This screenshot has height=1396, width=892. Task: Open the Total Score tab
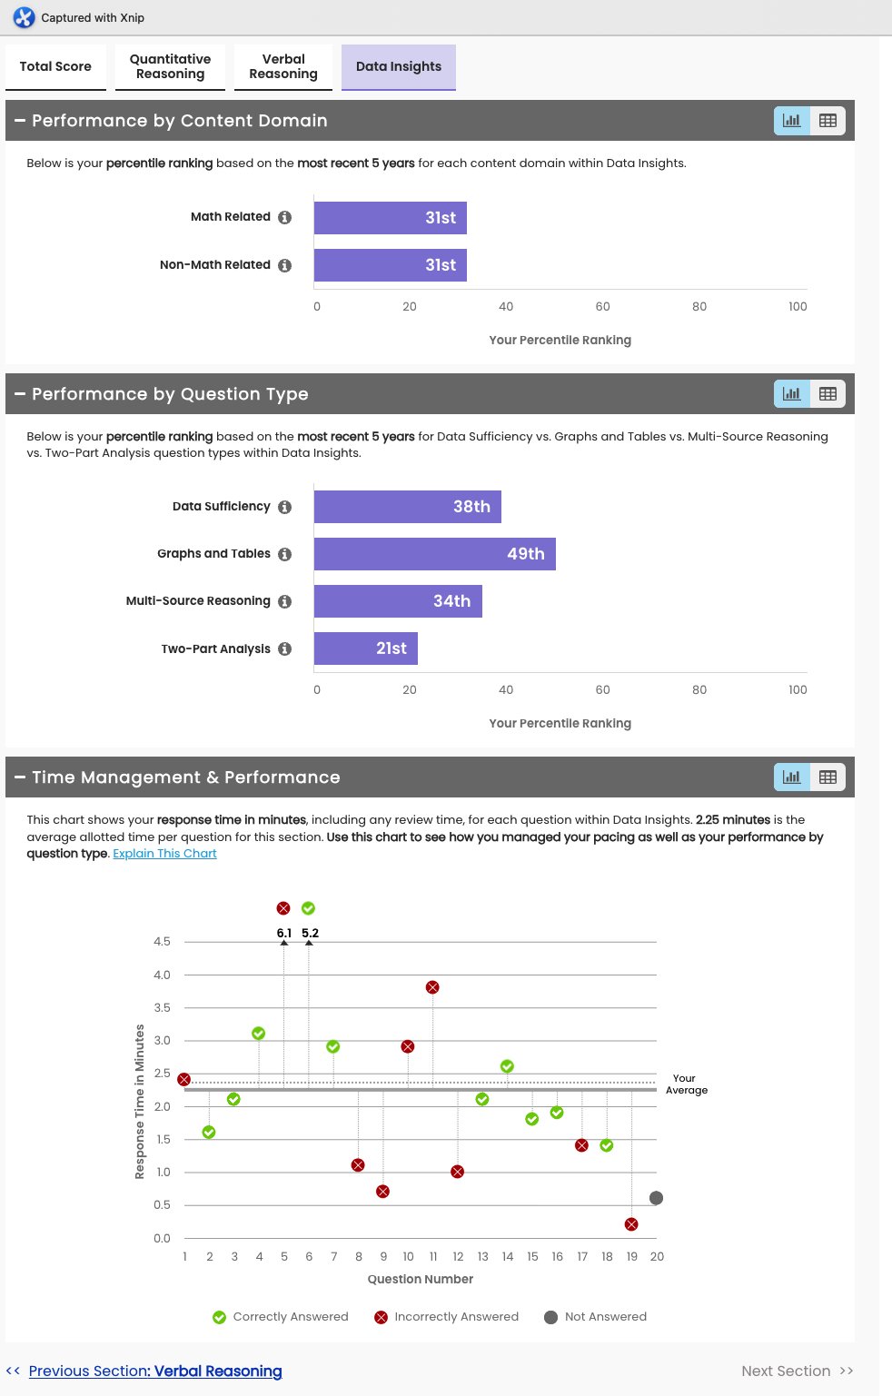55,66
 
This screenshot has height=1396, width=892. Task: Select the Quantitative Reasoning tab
170,66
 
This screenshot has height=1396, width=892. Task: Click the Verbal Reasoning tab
283,66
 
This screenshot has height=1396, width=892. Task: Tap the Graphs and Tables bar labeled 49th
434,554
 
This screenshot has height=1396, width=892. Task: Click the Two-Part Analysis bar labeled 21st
365,648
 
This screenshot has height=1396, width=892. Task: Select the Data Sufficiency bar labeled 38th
407,507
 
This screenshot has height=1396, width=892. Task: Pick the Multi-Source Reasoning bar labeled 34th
398,601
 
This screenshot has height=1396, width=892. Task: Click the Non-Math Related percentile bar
390,265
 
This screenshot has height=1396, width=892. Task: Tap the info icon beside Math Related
285,218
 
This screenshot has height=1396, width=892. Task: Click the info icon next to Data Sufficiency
285,508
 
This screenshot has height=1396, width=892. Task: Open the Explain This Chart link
164,854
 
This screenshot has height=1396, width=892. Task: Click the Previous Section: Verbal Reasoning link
154,1371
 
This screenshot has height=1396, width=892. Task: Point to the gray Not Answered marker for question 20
657,1198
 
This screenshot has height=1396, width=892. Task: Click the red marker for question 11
432,987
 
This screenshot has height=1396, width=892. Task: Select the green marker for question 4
259,1034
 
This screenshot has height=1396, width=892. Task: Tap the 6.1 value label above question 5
284,933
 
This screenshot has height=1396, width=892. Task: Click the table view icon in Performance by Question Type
828,394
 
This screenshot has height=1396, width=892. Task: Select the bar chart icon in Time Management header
792,777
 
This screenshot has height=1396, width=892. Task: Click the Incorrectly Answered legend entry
447,1317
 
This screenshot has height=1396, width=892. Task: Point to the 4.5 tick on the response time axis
162,942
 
